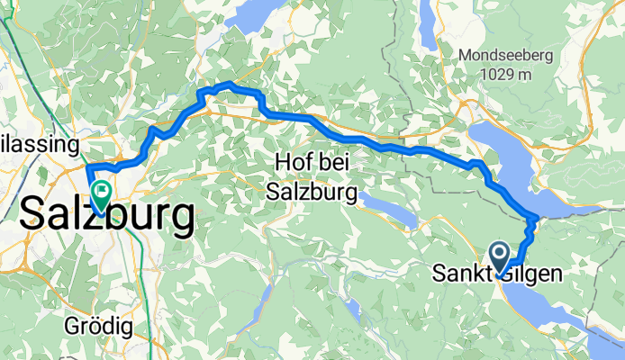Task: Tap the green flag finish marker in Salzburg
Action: [x=100, y=191]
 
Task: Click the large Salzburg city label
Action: [x=106, y=216]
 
